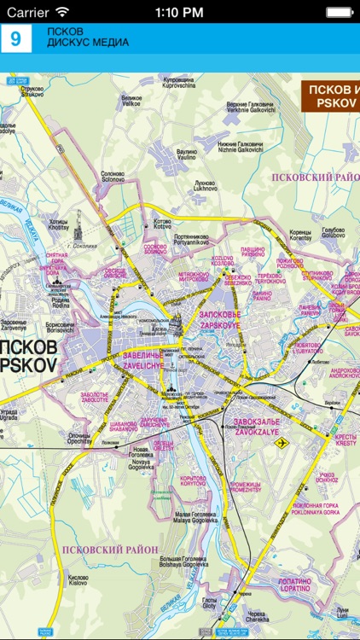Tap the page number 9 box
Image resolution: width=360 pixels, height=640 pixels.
(15, 38)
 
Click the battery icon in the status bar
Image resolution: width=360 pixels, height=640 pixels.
(340, 12)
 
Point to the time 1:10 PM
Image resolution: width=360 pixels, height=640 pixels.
(179, 12)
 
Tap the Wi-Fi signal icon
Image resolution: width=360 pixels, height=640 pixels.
(61, 12)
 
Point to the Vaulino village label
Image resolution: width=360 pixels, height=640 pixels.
(187, 154)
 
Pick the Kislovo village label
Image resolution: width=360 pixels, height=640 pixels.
(78, 579)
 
